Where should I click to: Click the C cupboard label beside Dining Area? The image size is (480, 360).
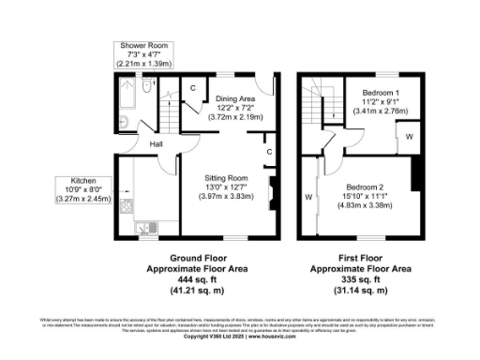click(x=193, y=88)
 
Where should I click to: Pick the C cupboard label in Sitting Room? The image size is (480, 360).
click(x=268, y=151)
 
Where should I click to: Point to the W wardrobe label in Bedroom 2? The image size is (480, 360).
click(x=307, y=197)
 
